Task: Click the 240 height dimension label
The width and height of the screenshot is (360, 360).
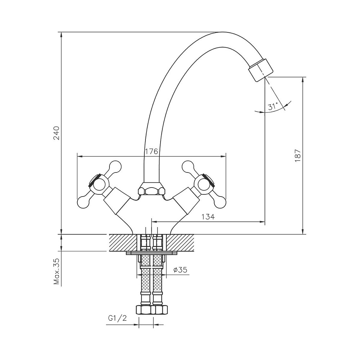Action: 56,133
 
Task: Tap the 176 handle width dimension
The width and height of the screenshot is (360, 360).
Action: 152,151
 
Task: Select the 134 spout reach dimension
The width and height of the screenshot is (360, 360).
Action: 208,216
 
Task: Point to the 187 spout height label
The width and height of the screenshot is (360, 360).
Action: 298,156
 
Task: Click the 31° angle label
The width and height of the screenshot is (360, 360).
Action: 273,106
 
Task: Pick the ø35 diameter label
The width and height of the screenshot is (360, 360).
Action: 180,270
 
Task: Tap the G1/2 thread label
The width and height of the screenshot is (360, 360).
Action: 117,318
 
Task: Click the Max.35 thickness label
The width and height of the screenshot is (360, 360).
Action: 56,271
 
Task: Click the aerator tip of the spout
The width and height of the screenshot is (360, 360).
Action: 261,70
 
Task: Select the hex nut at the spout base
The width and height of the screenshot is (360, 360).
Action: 152,189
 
